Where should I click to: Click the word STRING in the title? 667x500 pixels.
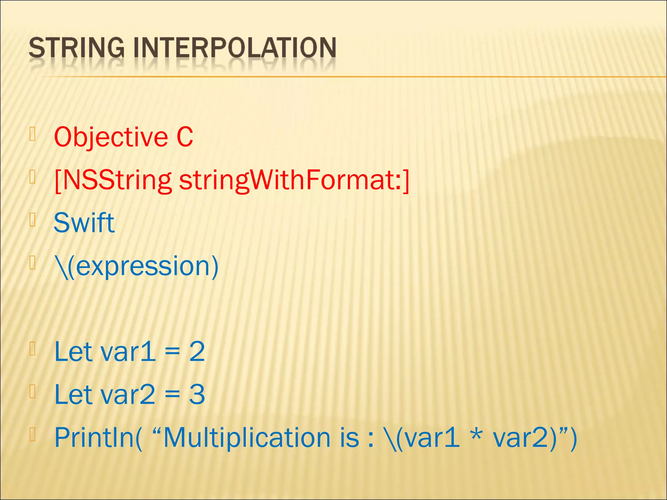(x=77, y=48)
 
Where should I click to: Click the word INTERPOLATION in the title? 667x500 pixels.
(x=235, y=48)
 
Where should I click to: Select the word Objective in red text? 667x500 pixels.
(x=111, y=137)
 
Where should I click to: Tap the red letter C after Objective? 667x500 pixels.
(x=185, y=137)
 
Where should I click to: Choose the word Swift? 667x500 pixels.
(x=84, y=223)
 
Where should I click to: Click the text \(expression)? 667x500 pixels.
(x=136, y=267)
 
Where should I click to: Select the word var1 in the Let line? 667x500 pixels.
(x=128, y=352)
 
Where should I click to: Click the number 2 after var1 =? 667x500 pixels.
(x=197, y=352)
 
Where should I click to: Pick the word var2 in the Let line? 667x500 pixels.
(x=128, y=395)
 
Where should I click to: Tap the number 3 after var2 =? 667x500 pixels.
(x=197, y=395)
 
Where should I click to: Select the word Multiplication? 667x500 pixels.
(x=247, y=438)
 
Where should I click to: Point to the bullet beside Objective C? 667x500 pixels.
(x=32, y=134)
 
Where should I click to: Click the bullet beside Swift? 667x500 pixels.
(x=32, y=220)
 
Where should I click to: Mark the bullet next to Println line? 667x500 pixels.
(x=32, y=435)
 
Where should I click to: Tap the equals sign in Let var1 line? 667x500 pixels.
(x=172, y=353)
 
